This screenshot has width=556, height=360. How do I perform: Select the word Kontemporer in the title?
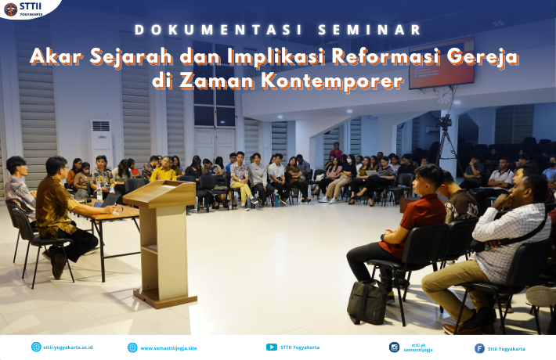(332, 81)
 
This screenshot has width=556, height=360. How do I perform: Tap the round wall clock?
(443, 95)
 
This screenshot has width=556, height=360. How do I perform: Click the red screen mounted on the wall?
(442, 63)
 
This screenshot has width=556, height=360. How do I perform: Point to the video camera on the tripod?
(444, 122)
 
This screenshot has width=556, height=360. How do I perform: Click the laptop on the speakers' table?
(108, 201)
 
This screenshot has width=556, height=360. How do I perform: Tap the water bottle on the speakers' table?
(99, 193)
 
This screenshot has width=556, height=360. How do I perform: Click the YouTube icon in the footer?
(272, 347)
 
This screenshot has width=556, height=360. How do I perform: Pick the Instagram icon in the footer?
(394, 347)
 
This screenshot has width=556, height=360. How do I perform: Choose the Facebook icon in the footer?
(479, 348)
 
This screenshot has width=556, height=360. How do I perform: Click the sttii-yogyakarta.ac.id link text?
(67, 347)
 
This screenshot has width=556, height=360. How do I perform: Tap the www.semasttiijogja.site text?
(168, 348)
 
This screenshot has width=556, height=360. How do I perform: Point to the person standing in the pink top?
(335, 151)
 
